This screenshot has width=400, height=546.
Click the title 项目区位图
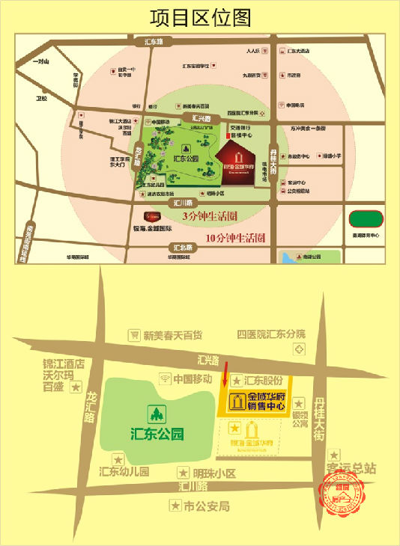[200, 16]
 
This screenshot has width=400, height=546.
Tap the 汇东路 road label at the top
[158, 42]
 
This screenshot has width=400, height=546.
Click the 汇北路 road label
[181, 247]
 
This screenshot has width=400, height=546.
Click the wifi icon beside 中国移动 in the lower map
[166, 378]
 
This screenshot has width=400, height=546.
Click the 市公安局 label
[206, 506]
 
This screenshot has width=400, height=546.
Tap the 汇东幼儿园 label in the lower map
[124, 472]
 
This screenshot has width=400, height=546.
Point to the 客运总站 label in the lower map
[351, 469]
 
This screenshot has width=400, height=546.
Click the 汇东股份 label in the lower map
[263, 379]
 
